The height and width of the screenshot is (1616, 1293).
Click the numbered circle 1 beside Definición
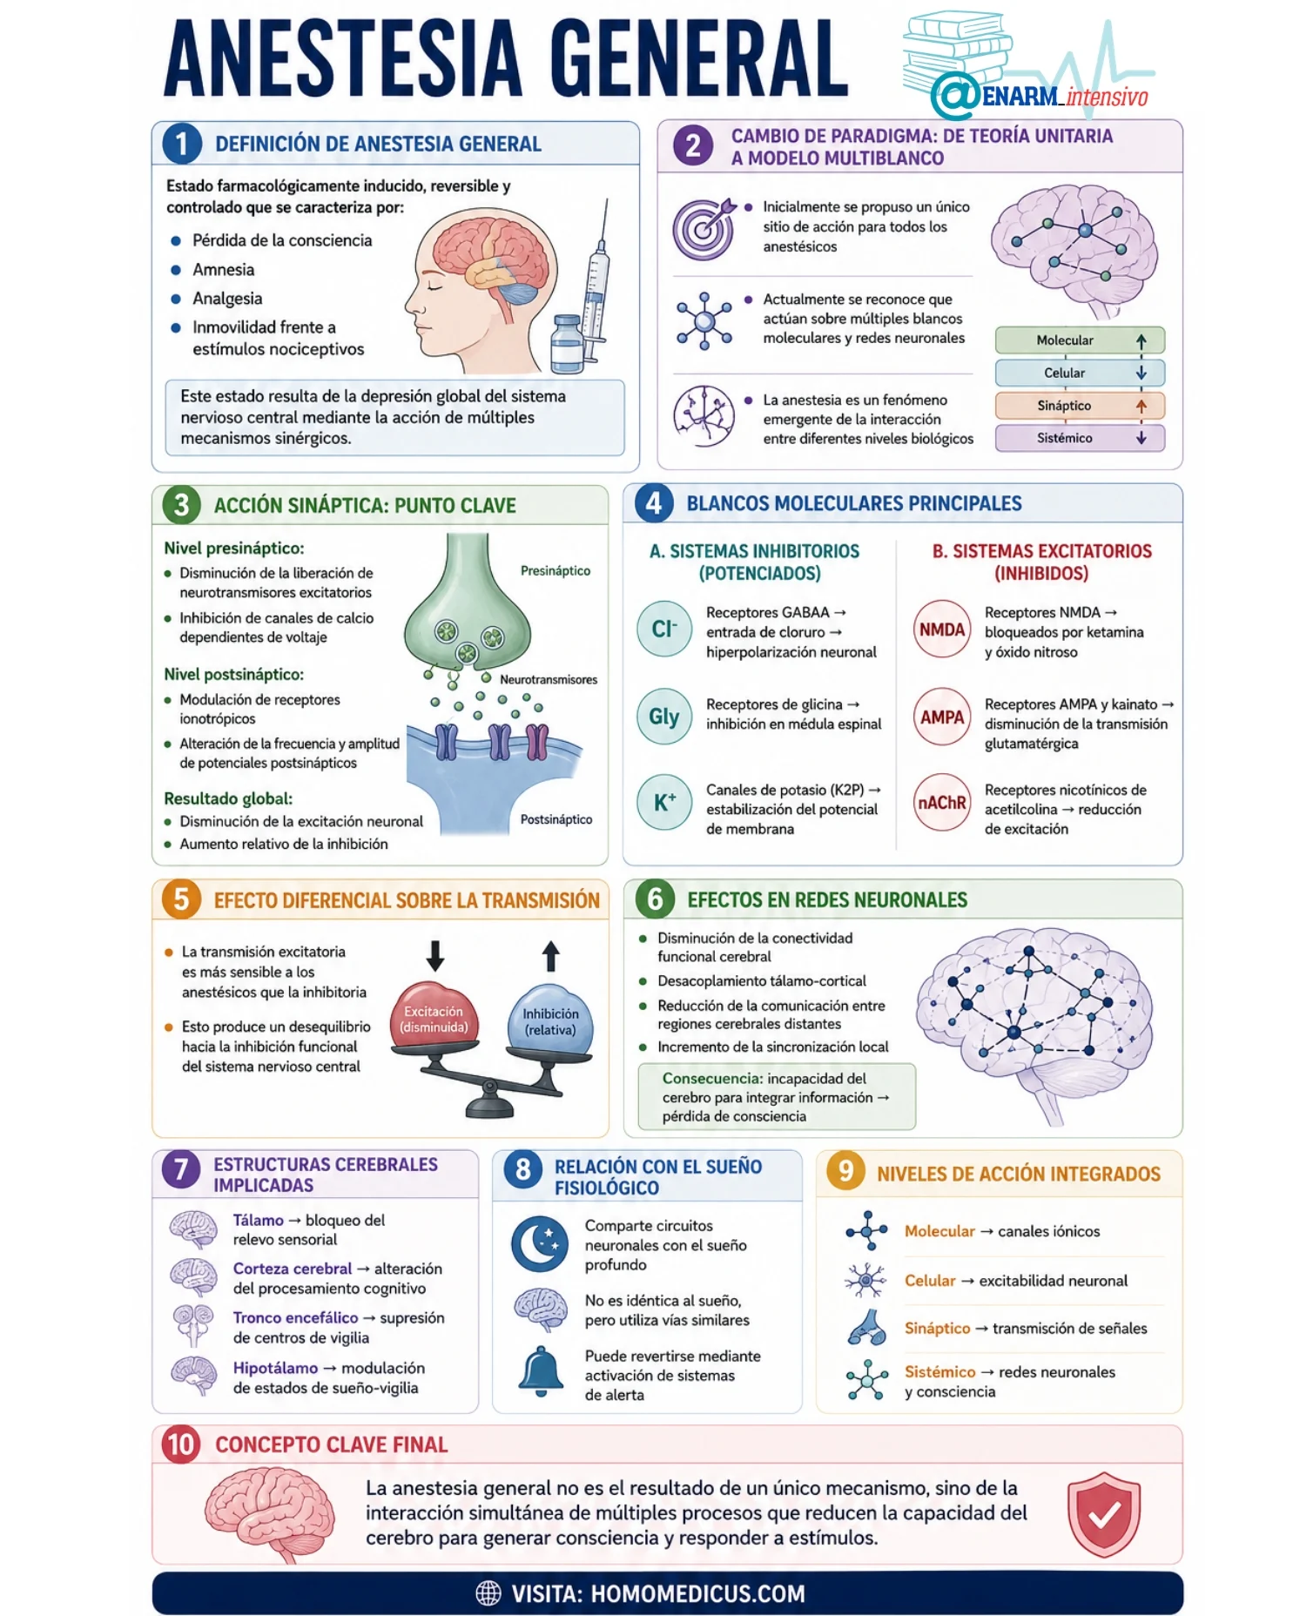click(x=181, y=144)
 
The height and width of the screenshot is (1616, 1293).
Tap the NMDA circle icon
click(x=942, y=629)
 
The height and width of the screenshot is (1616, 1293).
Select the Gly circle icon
click(x=664, y=716)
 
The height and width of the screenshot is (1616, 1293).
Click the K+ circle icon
click(x=664, y=802)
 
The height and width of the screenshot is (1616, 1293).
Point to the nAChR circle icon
click(x=942, y=802)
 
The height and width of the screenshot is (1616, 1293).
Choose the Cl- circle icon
click(x=664, y=629)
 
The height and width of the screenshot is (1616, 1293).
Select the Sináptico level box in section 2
click(x=1080, y=406)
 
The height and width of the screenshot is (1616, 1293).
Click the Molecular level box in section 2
click(x=1080, y=340)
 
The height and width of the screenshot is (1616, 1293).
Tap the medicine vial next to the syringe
click(x=568, y=344)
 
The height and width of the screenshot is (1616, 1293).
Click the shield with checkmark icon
click(x=1104, y=1515)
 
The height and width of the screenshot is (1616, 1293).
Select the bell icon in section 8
click(x=542, y=1371)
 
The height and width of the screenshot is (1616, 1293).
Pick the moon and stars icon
click(x=540, y=1243)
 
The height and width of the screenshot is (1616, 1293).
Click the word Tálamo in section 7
click(x=258, y=1221)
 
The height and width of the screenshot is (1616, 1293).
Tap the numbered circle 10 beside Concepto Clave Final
click(x=181, y=1444)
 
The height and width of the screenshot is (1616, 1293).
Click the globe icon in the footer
click(x=488, y=1593)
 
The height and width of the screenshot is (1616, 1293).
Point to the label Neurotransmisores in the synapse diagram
click(x=549, y=679)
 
